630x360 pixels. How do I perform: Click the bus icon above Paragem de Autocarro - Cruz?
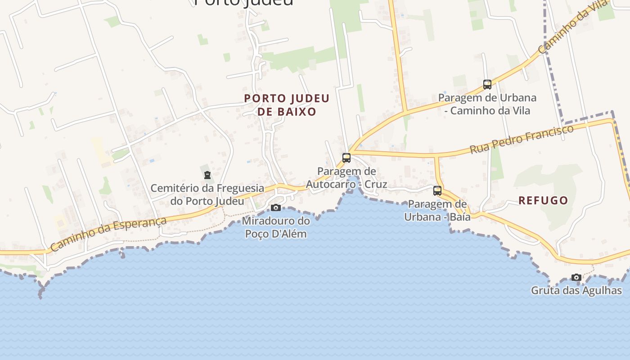pos(346,158)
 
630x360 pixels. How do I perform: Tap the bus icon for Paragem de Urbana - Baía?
pos(437,191)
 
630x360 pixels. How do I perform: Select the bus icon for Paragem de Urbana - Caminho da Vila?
pos(487,84)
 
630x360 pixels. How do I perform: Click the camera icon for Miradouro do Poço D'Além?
pos(276,207)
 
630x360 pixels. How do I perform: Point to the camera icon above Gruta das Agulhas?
pos(576,277)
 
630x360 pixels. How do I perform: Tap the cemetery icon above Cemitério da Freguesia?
pos(207,175)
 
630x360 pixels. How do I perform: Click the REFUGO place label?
pos(543,201)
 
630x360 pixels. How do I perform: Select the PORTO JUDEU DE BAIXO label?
pos(287,105)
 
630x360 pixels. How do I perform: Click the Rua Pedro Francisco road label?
pos(522,139)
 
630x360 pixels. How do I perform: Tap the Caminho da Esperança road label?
pos(108,234)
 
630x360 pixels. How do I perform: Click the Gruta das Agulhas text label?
pos(576,291)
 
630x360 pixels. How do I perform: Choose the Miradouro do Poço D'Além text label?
pos(276,227)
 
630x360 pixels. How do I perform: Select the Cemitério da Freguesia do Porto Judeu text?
pos(207,194)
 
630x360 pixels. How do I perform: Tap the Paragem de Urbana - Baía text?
pos(437,211)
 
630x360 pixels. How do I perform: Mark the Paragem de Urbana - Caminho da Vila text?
pos(487,104)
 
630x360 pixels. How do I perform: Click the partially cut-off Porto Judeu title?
pos(244,2)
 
